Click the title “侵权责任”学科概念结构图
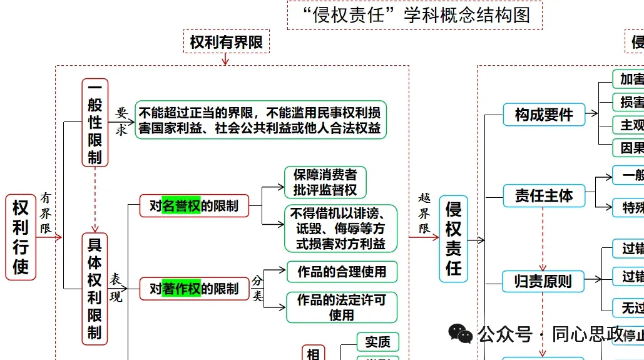(414, 15)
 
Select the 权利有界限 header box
(226, 42)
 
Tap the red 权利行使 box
(21, 237)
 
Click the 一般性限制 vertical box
(95, 122)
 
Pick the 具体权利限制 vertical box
(95, 288)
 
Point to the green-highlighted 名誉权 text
(181, 205)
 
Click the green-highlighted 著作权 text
(181, 289)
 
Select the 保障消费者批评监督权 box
(325, 182)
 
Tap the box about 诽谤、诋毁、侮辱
(340, 229)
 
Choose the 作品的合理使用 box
(342, 272)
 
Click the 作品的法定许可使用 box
(342, 307)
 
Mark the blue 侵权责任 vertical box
(453, 239)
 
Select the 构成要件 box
(544, 115)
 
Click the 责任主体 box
(544, 196)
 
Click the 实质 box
(377, 341)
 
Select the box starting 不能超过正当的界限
(260, 120)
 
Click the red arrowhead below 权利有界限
(226, 61)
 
